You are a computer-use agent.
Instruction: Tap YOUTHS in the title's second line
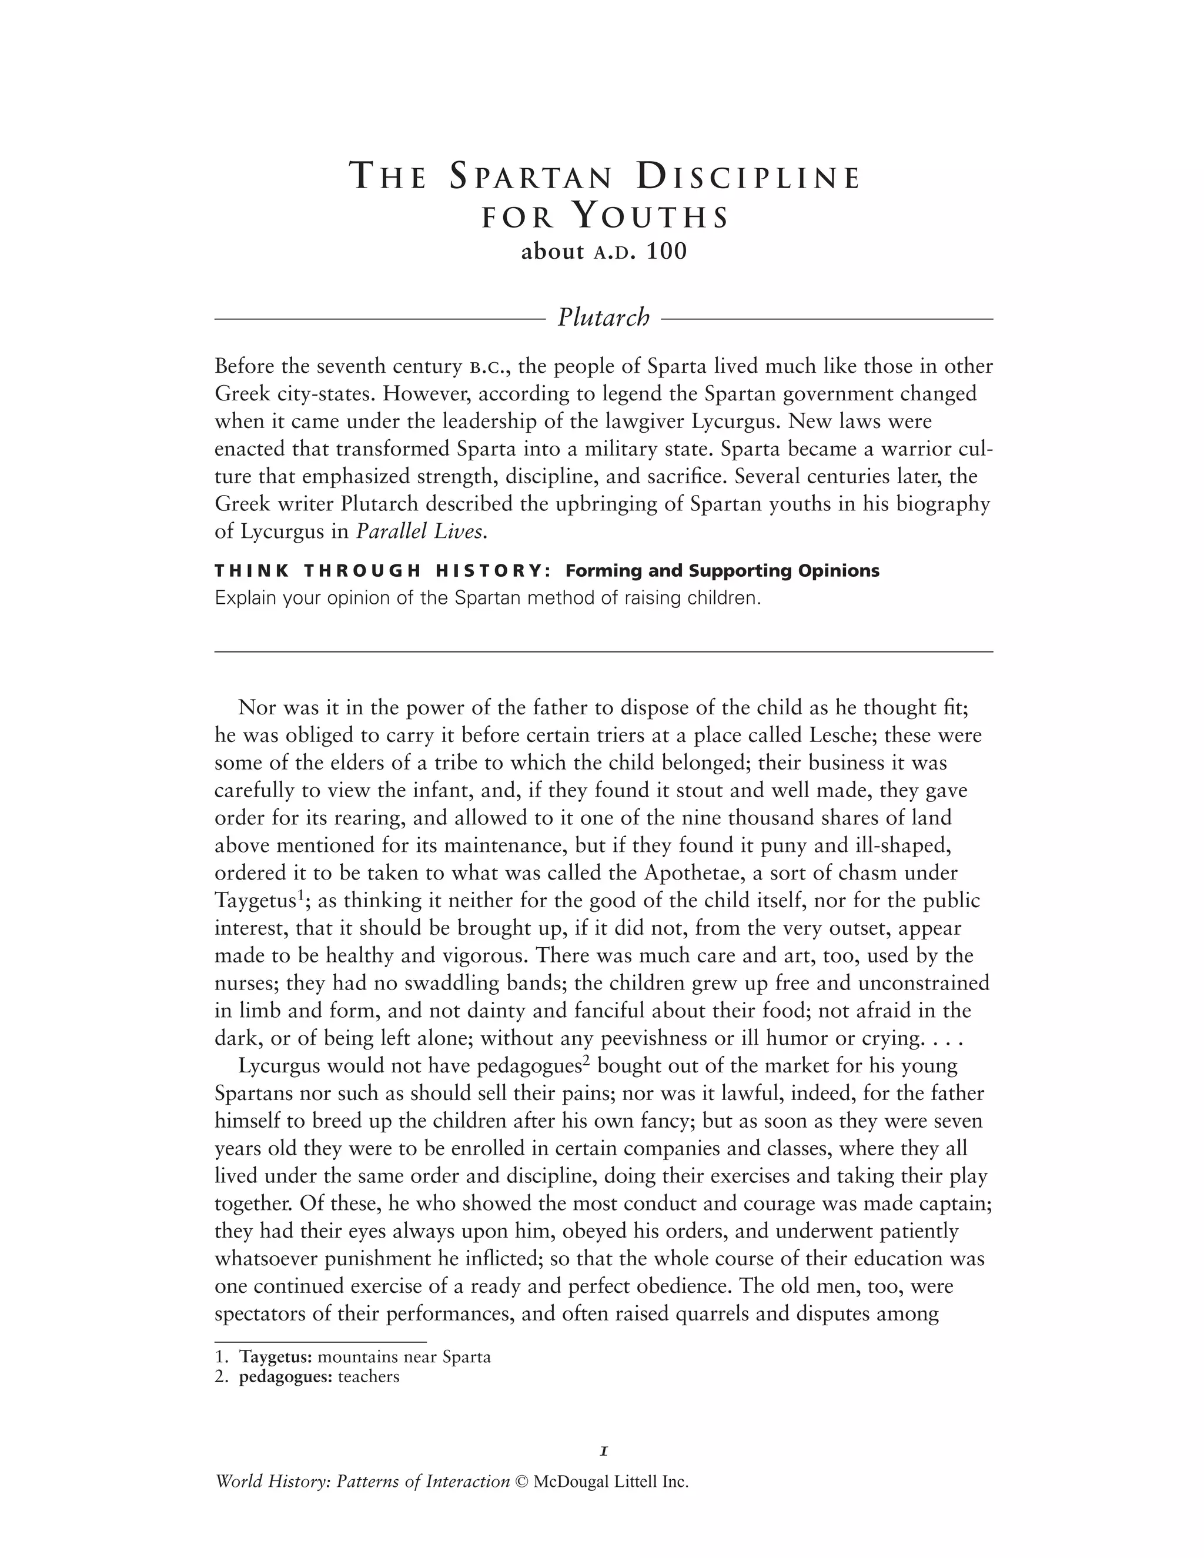(x=651, y=217)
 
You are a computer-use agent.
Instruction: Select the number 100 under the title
(x=666, y=252)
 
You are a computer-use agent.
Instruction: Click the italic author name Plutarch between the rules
(x=603, y=317)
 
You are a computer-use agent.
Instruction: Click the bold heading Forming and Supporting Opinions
(x=722, y=571)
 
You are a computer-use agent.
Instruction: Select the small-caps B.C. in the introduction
(x=488, y=367)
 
